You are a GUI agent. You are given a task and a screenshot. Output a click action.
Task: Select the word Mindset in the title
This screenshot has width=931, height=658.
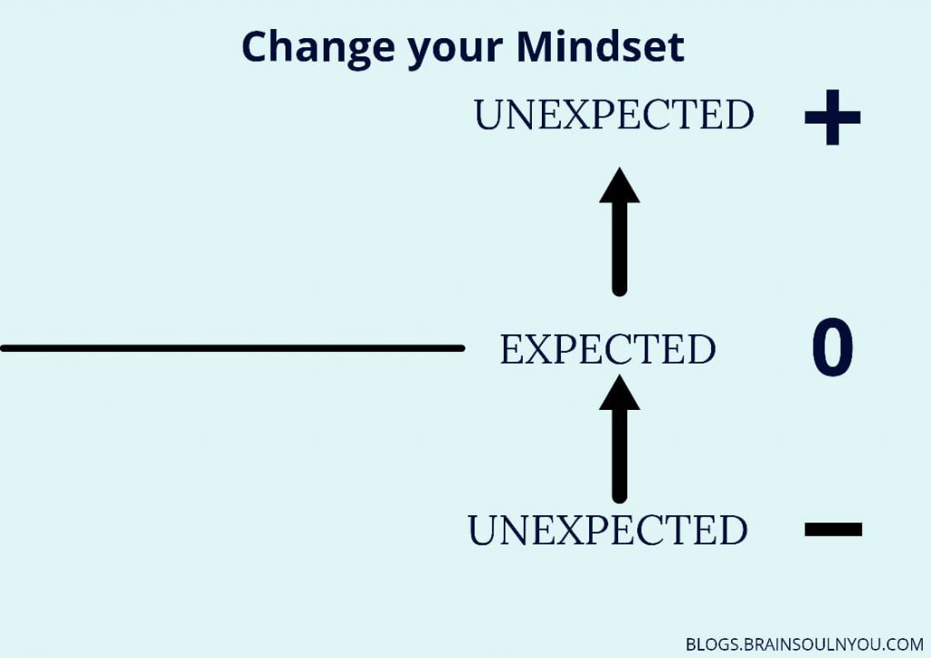[x=600, y=46]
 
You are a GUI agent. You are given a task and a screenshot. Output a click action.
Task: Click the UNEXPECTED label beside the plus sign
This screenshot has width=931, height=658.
[x=614, y=115]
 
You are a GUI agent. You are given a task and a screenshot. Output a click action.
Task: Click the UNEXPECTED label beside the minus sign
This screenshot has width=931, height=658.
[x=607, y=530]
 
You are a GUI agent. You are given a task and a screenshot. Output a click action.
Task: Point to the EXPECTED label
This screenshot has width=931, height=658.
[x=607, y=349]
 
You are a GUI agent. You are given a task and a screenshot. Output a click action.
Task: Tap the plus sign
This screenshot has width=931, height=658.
[x=833, y=117]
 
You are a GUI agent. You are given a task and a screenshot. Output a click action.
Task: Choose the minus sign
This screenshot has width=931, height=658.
[x=833, y=529]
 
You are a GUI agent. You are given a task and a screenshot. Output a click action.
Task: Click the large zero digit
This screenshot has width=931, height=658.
[x=833, y=347]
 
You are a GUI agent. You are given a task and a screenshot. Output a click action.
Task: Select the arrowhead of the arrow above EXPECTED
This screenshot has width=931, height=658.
[x=619, y=185]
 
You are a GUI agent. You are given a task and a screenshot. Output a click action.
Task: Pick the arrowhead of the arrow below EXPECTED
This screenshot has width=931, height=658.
[x=619, y=393]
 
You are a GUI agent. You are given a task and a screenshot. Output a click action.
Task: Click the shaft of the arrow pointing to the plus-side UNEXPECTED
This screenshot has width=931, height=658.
[x=619, y=249]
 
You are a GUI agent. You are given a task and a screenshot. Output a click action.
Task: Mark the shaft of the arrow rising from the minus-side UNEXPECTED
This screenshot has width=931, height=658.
[x=619, y=456]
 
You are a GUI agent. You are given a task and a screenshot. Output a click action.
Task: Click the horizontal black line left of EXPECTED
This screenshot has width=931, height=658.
[x=232, y=348]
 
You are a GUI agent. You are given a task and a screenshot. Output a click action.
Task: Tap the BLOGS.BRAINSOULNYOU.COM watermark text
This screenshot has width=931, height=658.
[x=805, y=644]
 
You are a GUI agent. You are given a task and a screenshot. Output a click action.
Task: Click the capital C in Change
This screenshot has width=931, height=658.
[x=255, y=46]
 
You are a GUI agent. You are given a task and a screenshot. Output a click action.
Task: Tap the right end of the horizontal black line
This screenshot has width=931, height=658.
[x=463, y=348]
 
